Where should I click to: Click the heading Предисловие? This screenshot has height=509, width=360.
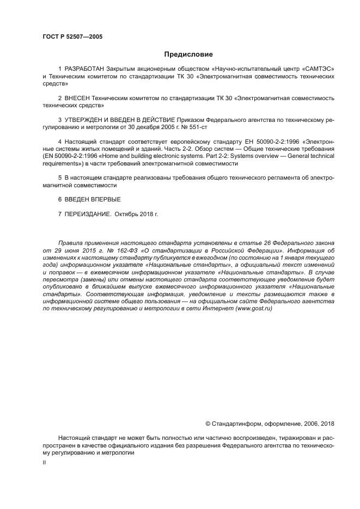(x=188, y=54)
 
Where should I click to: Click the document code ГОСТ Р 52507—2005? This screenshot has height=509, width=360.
(x=72, y=36)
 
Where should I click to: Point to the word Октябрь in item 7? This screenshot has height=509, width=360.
(x=127, y=213)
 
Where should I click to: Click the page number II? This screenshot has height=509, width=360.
(x=44, y=462)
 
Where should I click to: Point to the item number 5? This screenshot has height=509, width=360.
(x=60, y=178)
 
